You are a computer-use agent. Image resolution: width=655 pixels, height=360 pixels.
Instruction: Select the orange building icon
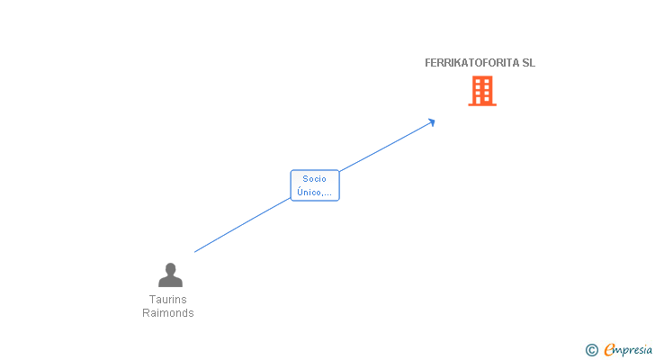coord(482,91)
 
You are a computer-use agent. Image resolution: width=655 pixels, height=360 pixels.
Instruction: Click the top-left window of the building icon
coord(478,81)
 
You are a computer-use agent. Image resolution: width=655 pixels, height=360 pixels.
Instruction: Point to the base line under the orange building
coord(482,104)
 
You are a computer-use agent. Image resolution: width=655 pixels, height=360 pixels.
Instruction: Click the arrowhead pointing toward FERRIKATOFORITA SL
coord(432,121)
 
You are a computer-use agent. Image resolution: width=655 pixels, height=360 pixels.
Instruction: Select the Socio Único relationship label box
coord(315,185)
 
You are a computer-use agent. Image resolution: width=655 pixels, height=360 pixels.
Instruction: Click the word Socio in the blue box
coord(315,179)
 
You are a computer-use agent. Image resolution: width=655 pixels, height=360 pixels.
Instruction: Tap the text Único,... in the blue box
coord(315,193)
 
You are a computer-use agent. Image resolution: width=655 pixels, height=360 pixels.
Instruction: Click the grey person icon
coord(169,274)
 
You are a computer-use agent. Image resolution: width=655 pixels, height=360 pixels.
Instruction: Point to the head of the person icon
coord(169,268)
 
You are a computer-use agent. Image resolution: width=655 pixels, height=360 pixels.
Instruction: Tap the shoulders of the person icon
coord(169,282)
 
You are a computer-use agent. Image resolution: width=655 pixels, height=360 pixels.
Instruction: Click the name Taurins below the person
coord(168,300)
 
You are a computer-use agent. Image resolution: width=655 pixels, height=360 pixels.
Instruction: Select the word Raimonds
coord(168,313)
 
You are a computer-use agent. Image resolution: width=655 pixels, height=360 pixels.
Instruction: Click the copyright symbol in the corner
coord(591,350)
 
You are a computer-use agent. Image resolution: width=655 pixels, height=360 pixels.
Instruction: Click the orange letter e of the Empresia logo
coord(609,350)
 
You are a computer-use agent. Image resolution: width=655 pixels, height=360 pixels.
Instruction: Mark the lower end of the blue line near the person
coord(196,251)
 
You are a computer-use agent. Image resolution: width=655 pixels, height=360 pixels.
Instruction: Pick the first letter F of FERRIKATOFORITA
coord(428,63)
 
